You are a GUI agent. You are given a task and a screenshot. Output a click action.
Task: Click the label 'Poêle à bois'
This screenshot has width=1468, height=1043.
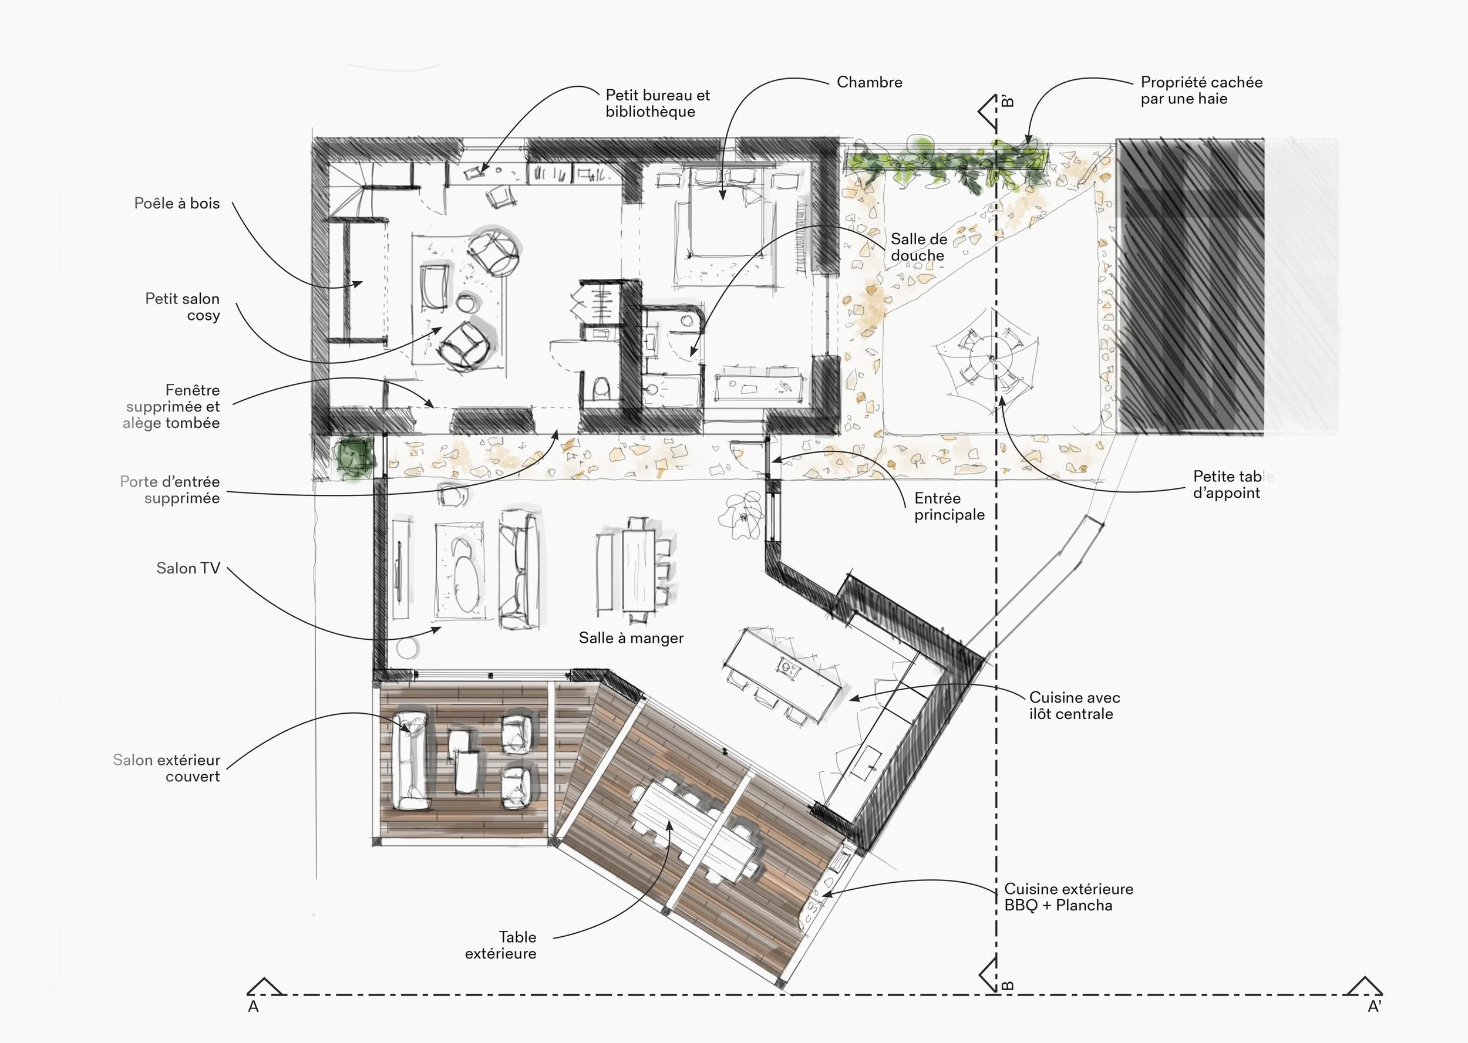(177, 204)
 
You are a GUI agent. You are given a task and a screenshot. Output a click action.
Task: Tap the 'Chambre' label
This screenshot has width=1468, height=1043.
(869, 82)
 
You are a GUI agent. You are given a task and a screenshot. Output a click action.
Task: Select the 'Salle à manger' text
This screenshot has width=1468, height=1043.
(631, 638)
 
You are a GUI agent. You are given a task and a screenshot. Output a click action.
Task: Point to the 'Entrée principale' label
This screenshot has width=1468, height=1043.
(949, 506)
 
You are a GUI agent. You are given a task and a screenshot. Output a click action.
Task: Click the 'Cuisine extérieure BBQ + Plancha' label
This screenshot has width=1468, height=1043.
(1068, 897)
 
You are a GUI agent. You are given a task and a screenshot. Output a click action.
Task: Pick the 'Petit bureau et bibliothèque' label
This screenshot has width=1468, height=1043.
(657, 103)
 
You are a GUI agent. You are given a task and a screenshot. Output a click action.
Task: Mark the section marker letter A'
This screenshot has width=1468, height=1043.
(1374, 1007)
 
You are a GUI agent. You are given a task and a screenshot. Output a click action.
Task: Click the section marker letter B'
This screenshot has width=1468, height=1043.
(1008, 102)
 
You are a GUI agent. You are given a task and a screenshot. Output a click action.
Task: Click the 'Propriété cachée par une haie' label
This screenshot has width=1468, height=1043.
(1201, 90)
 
